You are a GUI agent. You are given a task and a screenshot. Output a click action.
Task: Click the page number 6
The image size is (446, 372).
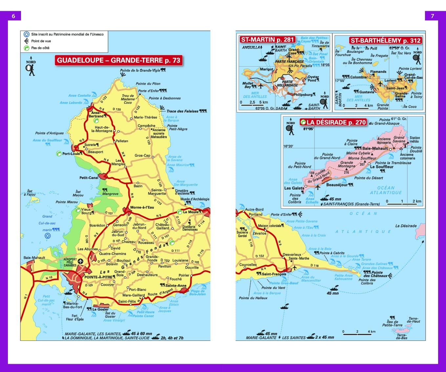(x=13, y=16)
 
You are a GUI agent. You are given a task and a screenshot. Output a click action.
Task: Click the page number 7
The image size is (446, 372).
(x=432, y=16)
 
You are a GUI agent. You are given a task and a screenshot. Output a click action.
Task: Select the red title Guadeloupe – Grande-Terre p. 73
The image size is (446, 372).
(x=118, y=60)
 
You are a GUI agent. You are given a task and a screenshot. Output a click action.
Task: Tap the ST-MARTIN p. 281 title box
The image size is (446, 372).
(x=267, y=40)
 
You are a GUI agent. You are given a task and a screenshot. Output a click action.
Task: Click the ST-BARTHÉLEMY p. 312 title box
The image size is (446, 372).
(x=385, y=41)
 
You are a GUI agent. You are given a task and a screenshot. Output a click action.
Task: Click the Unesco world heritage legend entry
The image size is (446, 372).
(x=67, y=34)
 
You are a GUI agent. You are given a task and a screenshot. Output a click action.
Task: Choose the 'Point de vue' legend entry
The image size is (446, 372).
(x=41, y=41)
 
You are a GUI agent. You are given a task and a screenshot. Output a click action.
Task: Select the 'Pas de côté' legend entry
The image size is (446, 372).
(x=40, y=48)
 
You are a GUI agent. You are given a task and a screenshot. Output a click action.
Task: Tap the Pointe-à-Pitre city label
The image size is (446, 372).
(x=98, y=277)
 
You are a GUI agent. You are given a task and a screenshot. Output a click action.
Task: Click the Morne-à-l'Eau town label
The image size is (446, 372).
(x=142, y=207)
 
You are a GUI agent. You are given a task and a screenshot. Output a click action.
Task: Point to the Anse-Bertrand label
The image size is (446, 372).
(x=96, y=114)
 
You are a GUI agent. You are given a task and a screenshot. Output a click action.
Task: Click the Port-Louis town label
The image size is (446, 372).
(x=71, y=154)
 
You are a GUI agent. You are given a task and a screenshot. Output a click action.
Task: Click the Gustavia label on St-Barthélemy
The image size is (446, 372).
(x=366, y=92)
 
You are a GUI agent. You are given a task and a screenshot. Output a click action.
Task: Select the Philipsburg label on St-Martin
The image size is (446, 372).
(x=303, y=95)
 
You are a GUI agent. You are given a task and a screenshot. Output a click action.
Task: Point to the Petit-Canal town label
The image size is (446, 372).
(x=89, y=178)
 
